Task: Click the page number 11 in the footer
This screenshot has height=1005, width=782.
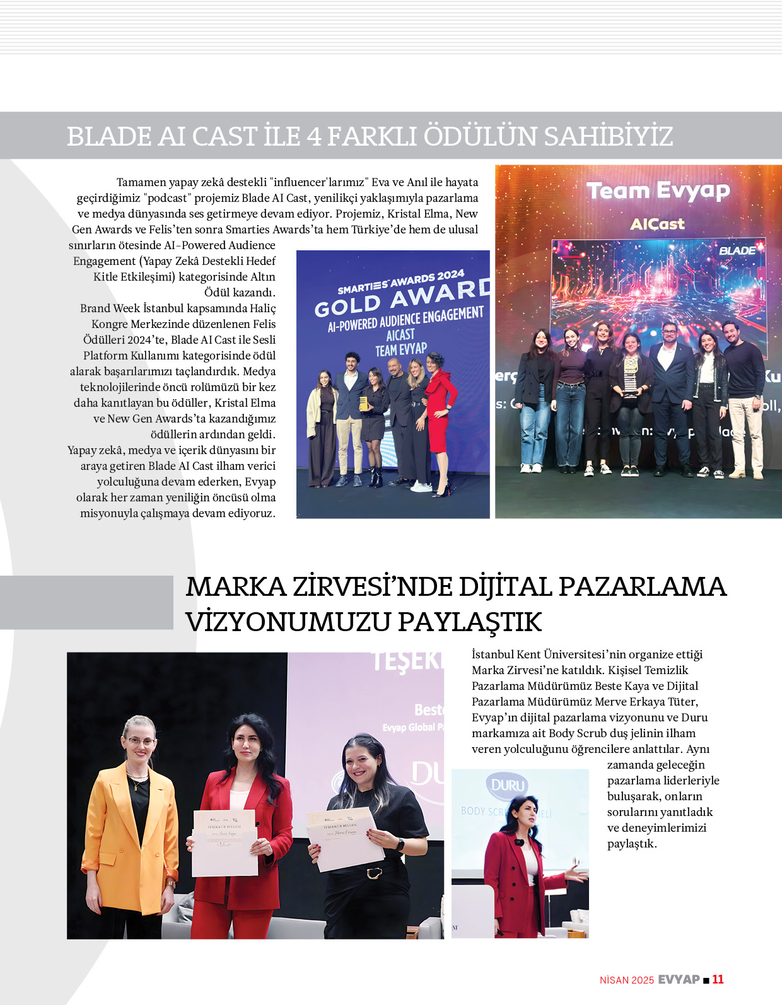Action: tap(718, 979)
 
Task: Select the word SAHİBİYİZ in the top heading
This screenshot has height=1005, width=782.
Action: tap(609, 136)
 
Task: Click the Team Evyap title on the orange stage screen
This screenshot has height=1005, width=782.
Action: tap(658, 191)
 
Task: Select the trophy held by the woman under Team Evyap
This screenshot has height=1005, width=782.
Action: tap(631, 377)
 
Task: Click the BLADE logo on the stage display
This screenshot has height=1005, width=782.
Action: tap(737, 250)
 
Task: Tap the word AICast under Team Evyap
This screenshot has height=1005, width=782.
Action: tap(657, 224)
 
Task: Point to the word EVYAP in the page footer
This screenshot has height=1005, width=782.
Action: tap(679, 979)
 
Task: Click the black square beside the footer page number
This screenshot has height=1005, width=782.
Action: tap(706, 980)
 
